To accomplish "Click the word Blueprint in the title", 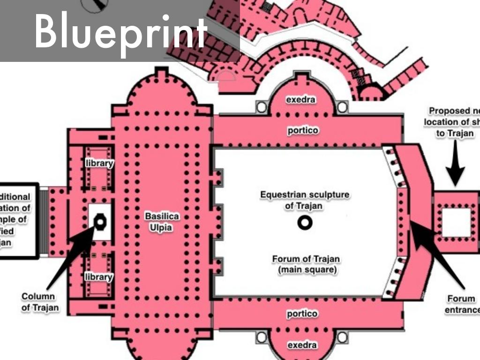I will click(x=120, y=30).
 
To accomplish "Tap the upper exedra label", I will click(x=301, y=100).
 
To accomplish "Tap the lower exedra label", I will click(x=302, y=345).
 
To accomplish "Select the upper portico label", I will click(x=302, y=131).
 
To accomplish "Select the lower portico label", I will click(x=302, y=314).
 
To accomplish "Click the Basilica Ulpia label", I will click(x=162, y=222).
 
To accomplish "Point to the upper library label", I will click(x=99, y=163).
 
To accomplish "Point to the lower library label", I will click(x=98, y=277).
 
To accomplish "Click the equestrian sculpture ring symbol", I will click(x=305, y=224).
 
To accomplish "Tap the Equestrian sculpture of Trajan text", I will click(x=305, y=200).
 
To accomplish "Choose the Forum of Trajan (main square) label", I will click(x=306, y=264).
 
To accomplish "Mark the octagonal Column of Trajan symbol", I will click(x=100, y=221).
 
